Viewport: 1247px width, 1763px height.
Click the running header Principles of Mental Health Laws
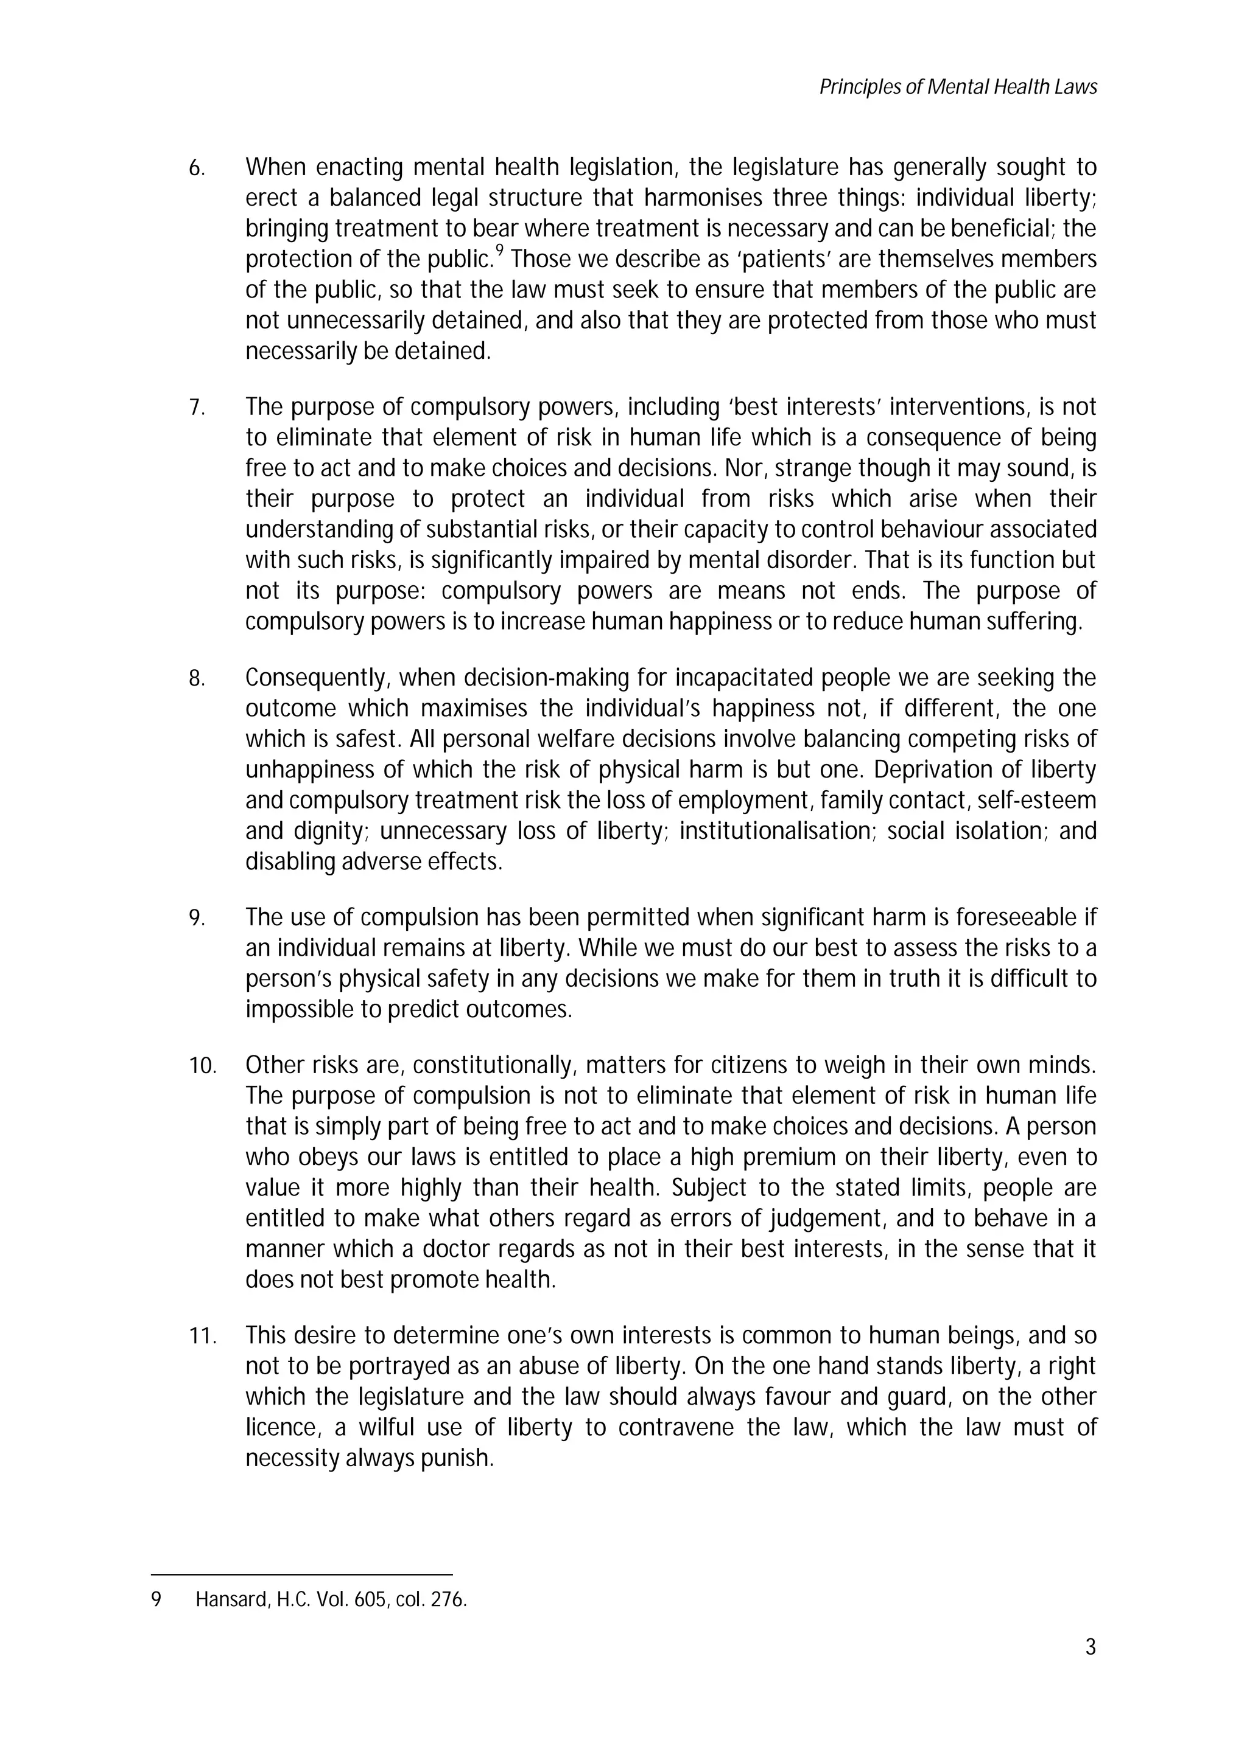(957, 88)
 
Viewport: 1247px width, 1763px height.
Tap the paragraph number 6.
(197, 168)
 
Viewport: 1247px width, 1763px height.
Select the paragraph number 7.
(197, 408)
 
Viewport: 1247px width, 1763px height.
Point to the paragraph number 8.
(197, 679)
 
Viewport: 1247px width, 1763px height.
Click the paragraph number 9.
(197, 919)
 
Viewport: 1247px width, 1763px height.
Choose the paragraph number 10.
(202, 1066)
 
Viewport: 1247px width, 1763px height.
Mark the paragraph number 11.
(202, 1337)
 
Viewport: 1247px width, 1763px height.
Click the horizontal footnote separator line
(301, 1574)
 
